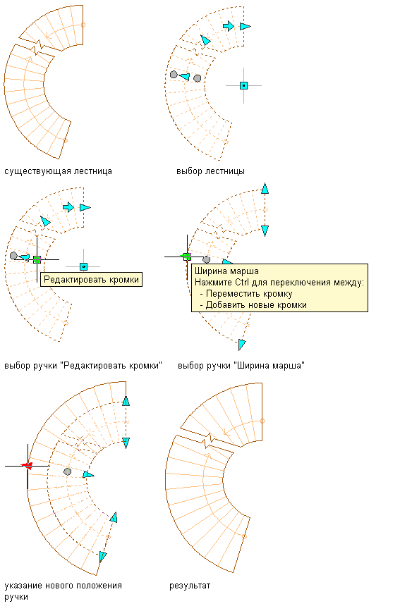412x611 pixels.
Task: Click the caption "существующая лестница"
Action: tap(58, 171)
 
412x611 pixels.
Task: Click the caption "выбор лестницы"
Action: tap(210, 171)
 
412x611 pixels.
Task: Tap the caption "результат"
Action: tap(190, 586)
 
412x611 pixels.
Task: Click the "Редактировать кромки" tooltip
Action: tap(91, 279)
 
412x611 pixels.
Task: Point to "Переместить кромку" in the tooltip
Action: tap(249, 294)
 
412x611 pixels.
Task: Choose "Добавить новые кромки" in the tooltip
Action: tap(256, 305)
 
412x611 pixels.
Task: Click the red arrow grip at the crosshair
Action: tap(27, 465)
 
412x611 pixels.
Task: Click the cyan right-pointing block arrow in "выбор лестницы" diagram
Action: tap(229, 26)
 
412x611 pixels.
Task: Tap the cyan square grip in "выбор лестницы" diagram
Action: tap(244, 85)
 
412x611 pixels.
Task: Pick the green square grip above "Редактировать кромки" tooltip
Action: tap(37, 259)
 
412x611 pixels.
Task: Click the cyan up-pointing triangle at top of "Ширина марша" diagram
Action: tap(265, 188)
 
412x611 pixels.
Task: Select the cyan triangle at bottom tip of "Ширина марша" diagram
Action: tap(242, 345)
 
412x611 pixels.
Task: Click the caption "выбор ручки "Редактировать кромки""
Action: tap(83, 366)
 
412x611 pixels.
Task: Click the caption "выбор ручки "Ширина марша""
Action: tap(241, 366)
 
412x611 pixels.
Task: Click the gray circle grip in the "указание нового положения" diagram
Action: tap(68, 472)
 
